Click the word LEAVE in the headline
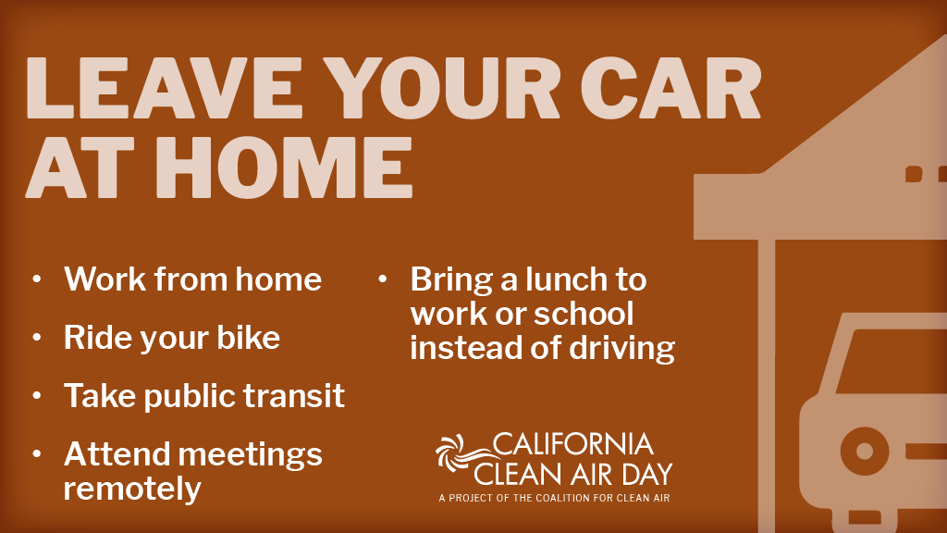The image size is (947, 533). point(164,88)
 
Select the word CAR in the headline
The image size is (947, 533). point(670,88)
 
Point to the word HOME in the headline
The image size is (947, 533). point(285,167)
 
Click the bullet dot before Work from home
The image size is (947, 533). point(37,279)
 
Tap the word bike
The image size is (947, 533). point(248,337)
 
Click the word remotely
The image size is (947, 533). point(132,489)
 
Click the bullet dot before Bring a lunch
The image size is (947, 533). point(382,279)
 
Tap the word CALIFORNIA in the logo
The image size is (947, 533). point(572,444)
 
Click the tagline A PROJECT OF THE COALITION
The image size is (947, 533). point(554,498)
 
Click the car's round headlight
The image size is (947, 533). point(865,451)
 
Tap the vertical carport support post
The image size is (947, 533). point(767,386)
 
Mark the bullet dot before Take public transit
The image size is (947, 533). point(37,395)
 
